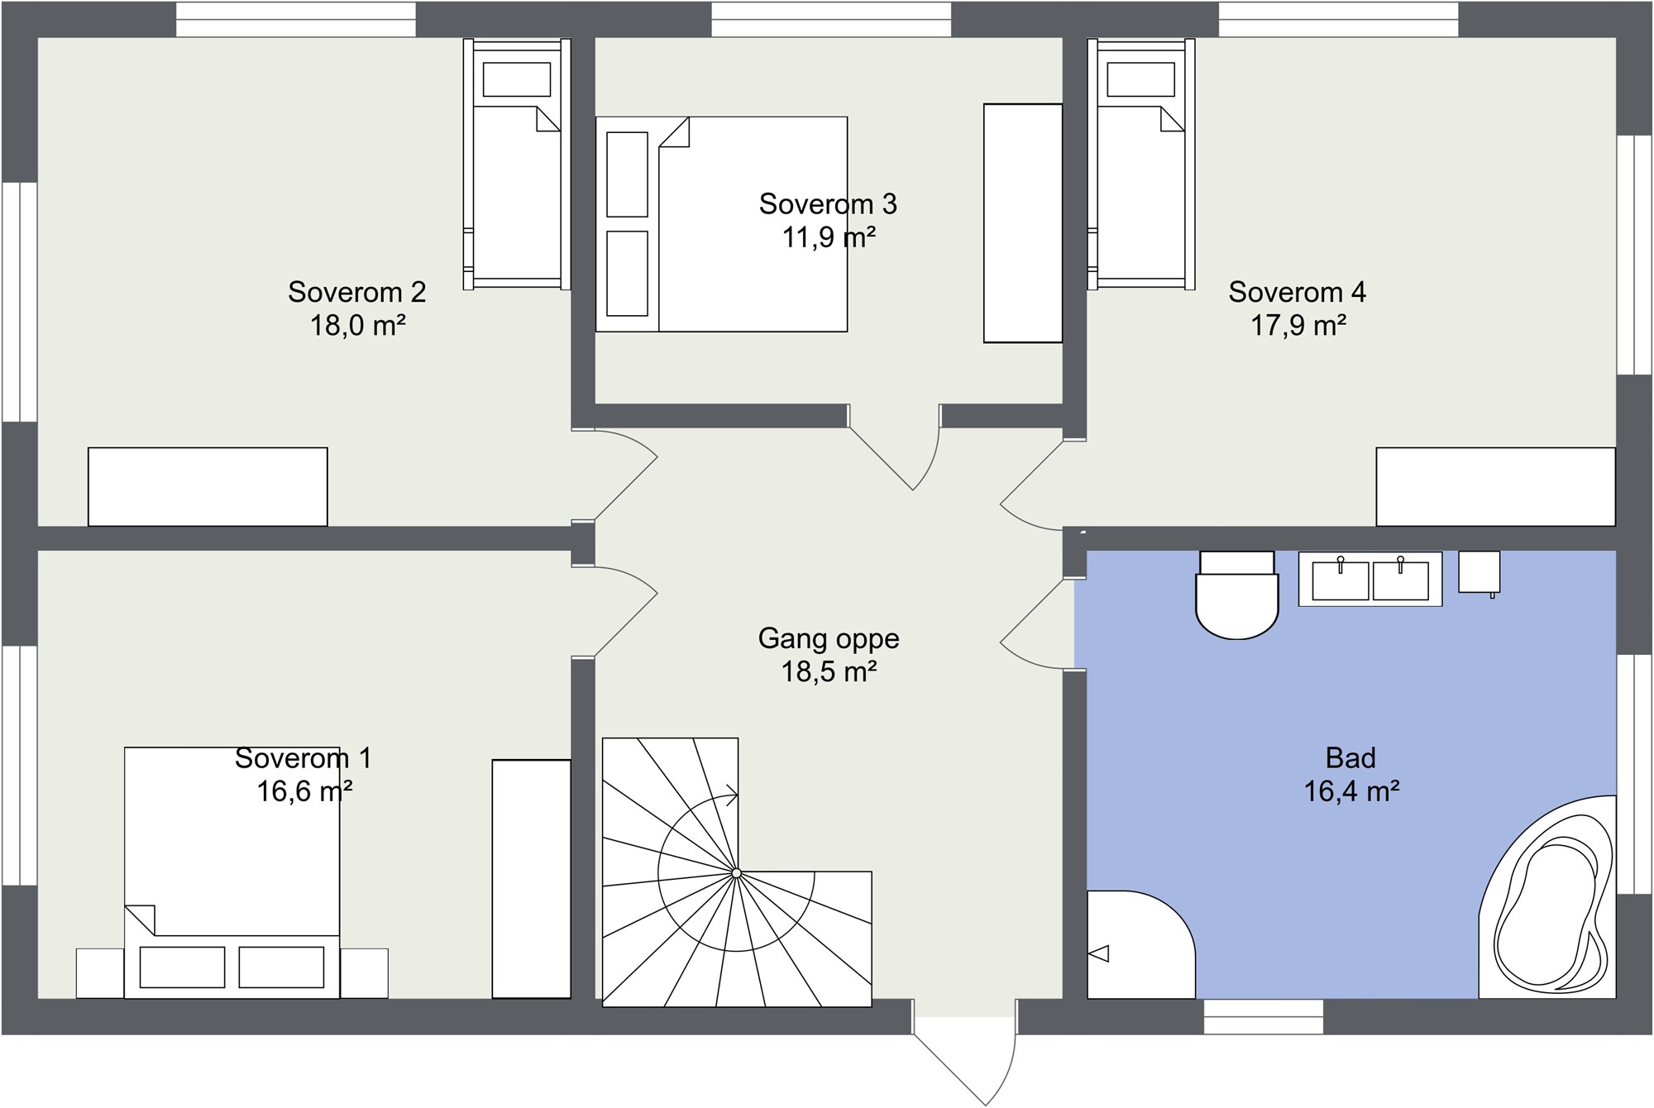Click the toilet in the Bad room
[1236, 595]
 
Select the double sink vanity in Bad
[1370, 579]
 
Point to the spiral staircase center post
[735, 873]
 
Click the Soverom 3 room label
[828, 203]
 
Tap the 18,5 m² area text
[829, 671]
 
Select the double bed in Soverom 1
[232, 872]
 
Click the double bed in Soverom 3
[721, 224]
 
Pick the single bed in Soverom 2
[517, 164]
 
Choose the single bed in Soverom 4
[1141, 164]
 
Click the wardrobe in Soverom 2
[208, 486]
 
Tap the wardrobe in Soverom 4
[1496, 486]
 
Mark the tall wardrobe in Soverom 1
[532, 879]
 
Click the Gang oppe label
[829, 638]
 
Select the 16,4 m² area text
[1351, 791]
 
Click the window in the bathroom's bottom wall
[1264, 1016]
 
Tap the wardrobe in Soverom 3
[1023, 223]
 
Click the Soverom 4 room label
[1297, 292]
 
